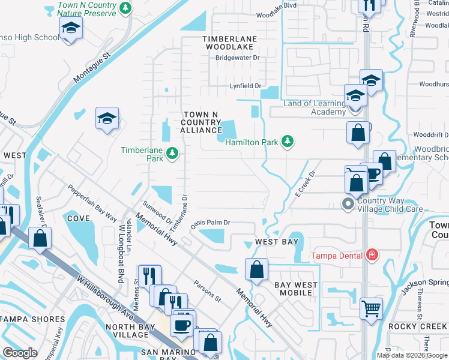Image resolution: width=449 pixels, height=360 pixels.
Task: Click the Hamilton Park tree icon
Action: pyautogui.click(x=288, y=141)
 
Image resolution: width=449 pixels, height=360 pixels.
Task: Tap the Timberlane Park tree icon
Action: pyautogui.click(x=172, y=153)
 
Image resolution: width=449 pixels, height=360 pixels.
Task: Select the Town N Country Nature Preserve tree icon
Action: pyautogui.click(x=125, y=8)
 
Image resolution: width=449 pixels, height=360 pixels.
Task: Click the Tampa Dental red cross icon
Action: pyautogui.click(x=372, y=255)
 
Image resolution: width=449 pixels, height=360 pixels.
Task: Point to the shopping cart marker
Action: pyautogui.click(x=372, y=308)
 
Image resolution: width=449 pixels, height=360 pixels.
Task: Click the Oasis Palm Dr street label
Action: pyautogui.click(x=211, y=223)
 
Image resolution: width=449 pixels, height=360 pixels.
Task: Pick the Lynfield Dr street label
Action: pyautogui.click(x=246, y=86)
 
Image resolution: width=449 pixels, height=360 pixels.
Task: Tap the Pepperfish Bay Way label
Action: pyautogui.click(x=91, y=203)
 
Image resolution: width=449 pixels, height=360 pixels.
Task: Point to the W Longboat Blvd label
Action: pyautogui.click(x=122, y=244)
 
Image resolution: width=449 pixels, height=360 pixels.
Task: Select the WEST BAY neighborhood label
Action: pyautogui.click(x=276, y=242)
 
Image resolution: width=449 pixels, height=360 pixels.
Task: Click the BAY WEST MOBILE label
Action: pyautogui.click(x=293, y=288)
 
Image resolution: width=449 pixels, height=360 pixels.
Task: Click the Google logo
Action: pyautogui.click(x=20, y=353)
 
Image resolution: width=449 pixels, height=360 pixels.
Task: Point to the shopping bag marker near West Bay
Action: pyautogui.click(x=256, y=269)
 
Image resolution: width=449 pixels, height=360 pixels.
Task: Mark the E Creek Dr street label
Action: pyautogui.click(x=304, y=184)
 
